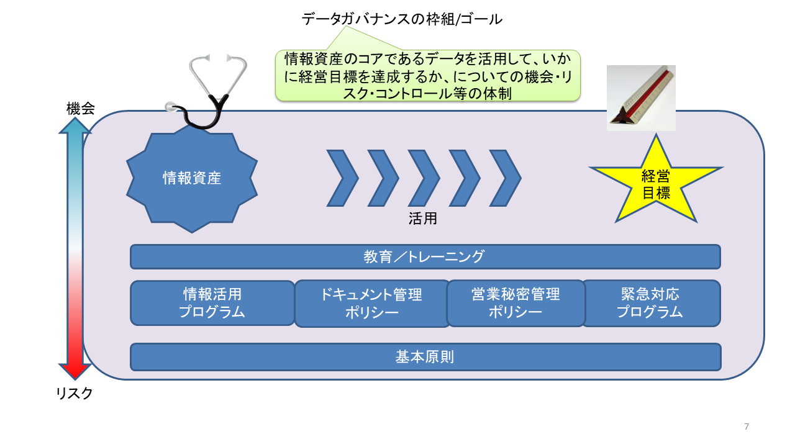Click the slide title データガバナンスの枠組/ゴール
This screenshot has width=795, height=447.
click(x=402, y=19)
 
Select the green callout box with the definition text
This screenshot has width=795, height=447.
click(x=427, y=76)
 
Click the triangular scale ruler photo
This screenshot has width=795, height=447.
click(x=641, y=97)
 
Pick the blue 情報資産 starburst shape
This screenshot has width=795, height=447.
click(x=192, y=179)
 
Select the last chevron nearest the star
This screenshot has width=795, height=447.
click(x=505, y=178)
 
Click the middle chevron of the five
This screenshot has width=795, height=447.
click(x=424, y=178)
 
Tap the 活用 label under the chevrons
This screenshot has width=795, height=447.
click(x=427, y=219)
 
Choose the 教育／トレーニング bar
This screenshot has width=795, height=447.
click(x=425, y=256)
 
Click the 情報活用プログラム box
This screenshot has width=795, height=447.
click(x=212, y=303)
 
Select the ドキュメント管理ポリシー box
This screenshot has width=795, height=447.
click(x=371, y=304)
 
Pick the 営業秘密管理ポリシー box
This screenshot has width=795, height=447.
click(x=516, y=303)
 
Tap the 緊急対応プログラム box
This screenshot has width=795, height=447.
click(x=650, y=303)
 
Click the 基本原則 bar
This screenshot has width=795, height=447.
click(x=425, y=357)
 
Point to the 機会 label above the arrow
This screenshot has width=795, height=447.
click(x=80, y=109)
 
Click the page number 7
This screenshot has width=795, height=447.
click(x=747, y=427)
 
